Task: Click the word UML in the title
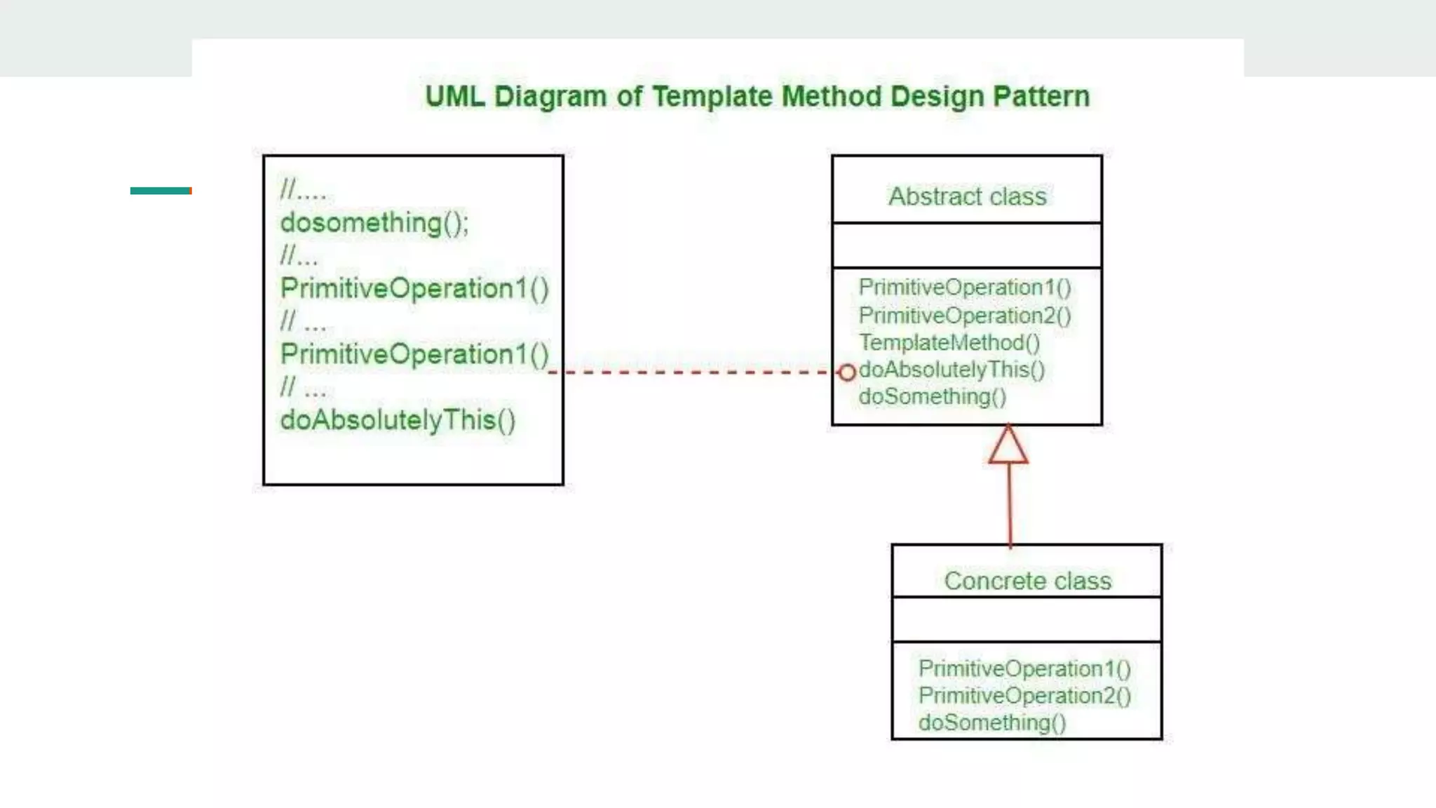pos(454,96)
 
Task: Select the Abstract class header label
pos(967,196)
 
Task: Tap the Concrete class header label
pos(1027,581)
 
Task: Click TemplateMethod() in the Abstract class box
pos(949,343)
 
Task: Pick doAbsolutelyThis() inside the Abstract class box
pos(951,370)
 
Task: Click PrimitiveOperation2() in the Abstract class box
pos(964,316)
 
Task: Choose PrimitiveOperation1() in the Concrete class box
pos(1024,668)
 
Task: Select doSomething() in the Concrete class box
pos(992,722)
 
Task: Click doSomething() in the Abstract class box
pos(932,397)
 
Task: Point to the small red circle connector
pos(847,372)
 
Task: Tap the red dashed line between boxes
pos(694,372)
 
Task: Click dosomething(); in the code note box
pos(374,223)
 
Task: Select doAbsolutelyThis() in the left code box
pos(398,420)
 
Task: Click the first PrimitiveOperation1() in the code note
pos(414,288)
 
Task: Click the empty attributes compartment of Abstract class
pos(967,245)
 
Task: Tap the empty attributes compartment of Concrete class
pos(1027,619)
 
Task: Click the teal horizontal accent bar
pos(161,191)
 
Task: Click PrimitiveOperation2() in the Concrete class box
pos(1024,696)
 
